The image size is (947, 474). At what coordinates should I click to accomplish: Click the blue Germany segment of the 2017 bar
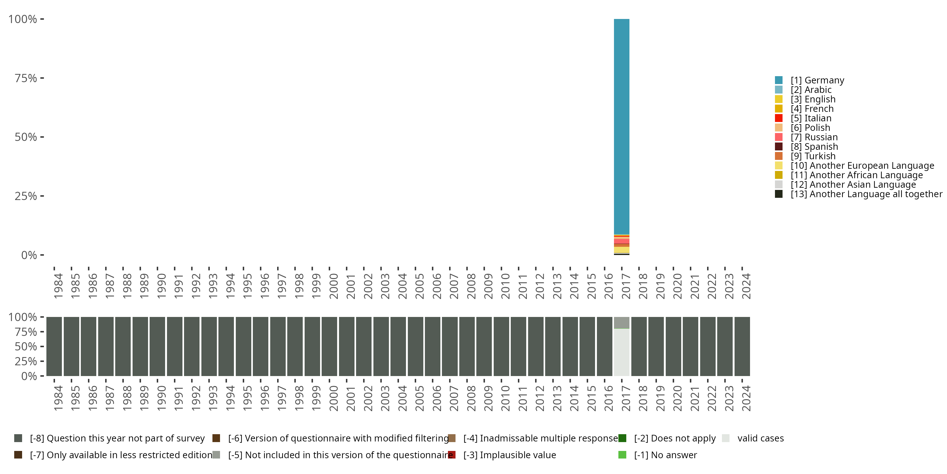[621, 125]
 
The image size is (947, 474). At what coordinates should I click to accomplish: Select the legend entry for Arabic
[811, 90]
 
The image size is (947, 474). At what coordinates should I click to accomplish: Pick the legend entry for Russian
[814, 137]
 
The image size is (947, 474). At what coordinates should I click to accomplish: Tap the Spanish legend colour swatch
[779, 147]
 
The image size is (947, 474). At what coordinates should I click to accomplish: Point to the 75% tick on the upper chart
[42, 78]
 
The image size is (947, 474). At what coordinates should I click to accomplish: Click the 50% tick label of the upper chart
[26, 137]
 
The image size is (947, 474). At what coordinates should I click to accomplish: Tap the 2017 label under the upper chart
[626, 286]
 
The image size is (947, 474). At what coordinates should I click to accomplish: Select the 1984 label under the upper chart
[58, 286]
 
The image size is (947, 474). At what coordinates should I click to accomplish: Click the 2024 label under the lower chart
[746, 398]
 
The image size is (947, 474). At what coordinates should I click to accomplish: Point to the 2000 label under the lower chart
[333, 398]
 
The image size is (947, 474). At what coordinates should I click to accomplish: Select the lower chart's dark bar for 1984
[54, 346]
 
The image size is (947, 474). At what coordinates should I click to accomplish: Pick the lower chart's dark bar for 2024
[742, 346]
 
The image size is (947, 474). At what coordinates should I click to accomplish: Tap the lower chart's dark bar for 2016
[605, 346]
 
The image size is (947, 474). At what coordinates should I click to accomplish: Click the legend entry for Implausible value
[509, 455]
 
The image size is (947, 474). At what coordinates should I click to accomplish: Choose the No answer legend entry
[665, 455]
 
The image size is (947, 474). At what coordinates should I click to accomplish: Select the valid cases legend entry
[760, 438]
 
